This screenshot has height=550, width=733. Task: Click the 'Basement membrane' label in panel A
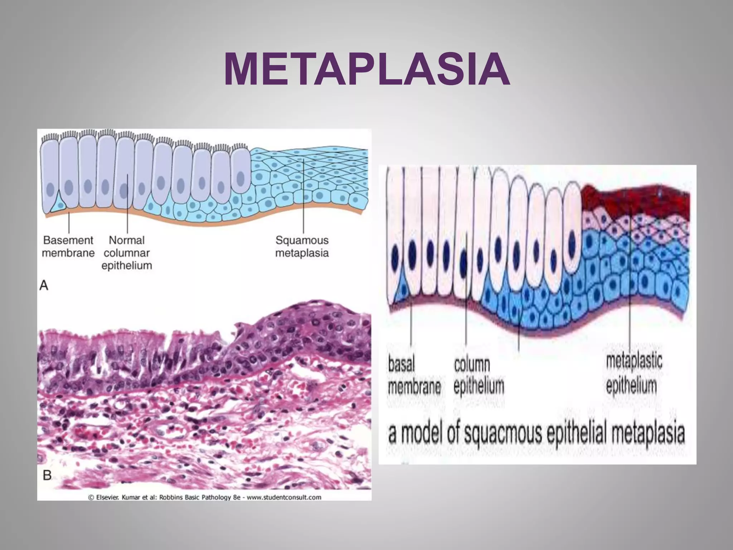point(68,246)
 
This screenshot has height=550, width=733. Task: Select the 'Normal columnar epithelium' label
point(127,253)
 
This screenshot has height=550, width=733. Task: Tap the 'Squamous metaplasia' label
point(302,246)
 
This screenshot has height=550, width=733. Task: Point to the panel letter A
point(44,285)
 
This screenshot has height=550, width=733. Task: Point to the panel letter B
point(47,475)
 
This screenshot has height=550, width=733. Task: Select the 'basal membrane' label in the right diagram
point(414,376)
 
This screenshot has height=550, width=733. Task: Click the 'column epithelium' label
point(479,376)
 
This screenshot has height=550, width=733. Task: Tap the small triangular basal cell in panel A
point(57,204)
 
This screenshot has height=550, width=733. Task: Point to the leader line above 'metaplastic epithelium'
point(629,286)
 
